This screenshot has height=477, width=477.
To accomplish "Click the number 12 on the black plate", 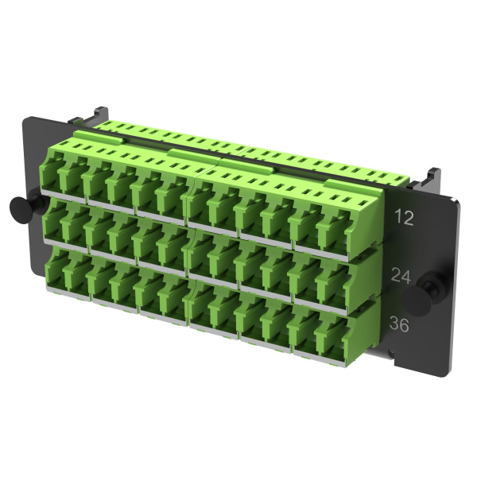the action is pos(404,217).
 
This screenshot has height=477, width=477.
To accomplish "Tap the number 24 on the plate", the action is pos(401,275).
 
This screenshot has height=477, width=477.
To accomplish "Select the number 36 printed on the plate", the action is pos(399,324).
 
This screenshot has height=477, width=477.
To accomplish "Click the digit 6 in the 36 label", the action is pos(405,325).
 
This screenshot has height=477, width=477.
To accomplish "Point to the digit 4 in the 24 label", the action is pos(406,276).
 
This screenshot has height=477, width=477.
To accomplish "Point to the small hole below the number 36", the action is pos(392,353).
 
